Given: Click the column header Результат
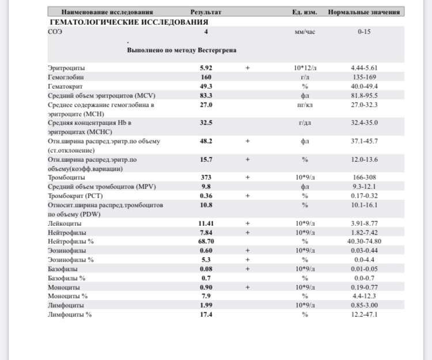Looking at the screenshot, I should click(206, 12).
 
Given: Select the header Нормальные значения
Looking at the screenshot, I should click(364, 12).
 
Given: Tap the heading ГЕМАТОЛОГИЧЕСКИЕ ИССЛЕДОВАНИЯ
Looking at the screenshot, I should click(128, 22).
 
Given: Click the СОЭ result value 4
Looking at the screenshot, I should click(206, 32).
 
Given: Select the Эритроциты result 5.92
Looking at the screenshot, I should click(206, 68).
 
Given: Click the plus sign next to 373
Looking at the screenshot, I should click(248, 177).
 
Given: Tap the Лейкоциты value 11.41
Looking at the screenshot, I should click(206, 223).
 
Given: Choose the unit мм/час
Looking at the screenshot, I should click(304, 32).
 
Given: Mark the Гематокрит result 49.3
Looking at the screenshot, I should click(206, 86).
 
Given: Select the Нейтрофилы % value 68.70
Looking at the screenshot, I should click(206, 241).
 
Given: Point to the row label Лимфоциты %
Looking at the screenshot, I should click(70, 314).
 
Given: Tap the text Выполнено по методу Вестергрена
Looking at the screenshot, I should click(181, 50).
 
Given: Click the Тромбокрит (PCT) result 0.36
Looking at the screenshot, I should click(206, 195).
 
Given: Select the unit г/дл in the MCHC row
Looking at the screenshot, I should click(305, 123).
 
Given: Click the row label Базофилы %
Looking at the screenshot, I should click(67, 278).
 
